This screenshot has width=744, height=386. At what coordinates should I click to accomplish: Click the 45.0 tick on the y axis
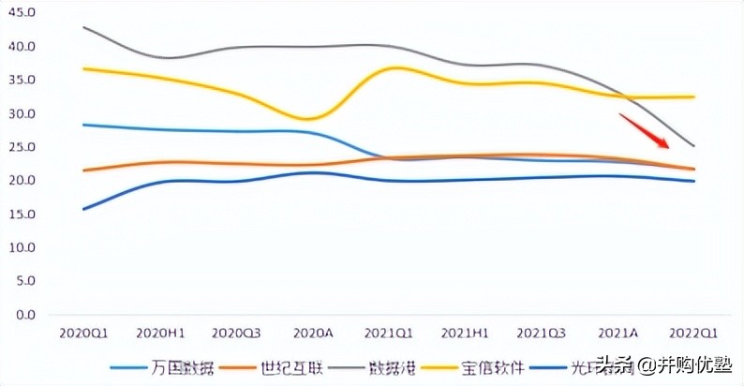tap(20, 13)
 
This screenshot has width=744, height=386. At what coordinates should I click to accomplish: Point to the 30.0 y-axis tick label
tap(20, 114)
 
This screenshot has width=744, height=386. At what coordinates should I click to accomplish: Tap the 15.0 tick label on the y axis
tap(20, 215)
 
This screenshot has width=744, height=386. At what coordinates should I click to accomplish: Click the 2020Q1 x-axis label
tap(83, 333)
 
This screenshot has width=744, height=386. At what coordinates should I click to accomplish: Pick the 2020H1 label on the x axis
tap(159, 333)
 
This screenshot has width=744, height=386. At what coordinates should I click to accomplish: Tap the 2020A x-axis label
tap(312, 333)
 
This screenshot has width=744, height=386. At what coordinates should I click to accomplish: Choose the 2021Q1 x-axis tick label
tap(388, 333)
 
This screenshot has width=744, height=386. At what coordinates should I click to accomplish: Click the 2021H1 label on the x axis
tap(464, 333)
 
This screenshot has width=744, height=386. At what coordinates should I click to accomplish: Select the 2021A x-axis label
tap(618, 333)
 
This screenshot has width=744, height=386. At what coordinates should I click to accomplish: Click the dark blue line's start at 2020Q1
tap(83, 209)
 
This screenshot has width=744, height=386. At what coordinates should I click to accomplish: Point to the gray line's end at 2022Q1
tap(693, 146)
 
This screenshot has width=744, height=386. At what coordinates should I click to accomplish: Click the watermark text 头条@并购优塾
tap(661, 366)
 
